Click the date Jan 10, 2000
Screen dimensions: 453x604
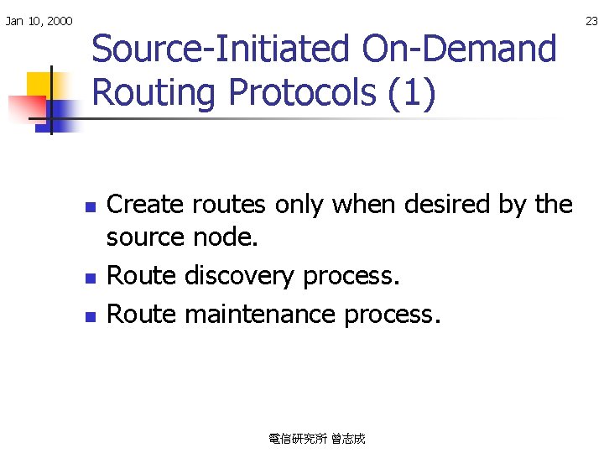[39, 20]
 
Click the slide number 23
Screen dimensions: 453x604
[591, 20]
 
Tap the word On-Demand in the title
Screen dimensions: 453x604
[459, 49]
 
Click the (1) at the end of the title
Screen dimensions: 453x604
[412, 92]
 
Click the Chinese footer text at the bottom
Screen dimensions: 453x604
[317, 439]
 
